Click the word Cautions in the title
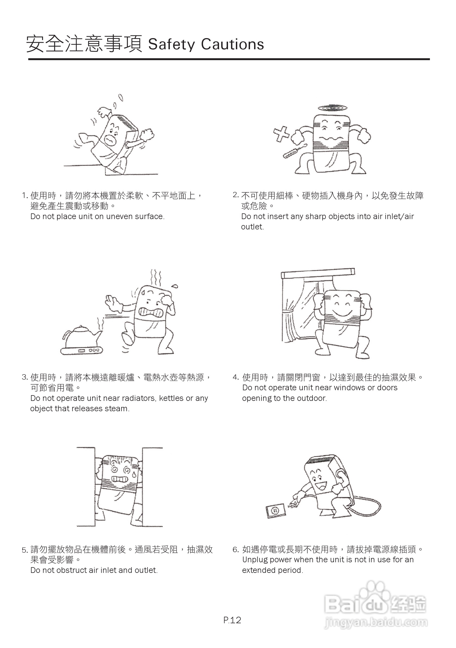coord(233,45)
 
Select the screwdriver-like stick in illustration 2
coord(295,151)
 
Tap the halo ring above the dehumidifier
coord(332,108)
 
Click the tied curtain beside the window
coord(290,322)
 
